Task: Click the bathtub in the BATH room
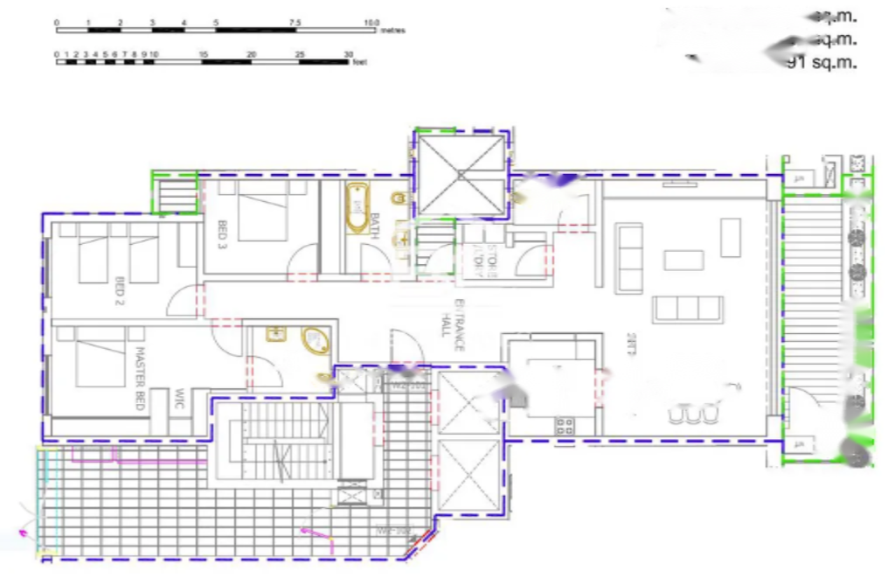357,208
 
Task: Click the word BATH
375,226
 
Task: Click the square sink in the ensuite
276,333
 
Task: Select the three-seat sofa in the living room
688,309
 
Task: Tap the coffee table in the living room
683,260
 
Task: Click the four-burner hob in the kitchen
565,427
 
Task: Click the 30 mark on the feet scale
348,54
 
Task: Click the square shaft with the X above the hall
461,173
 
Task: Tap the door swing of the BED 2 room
182,302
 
